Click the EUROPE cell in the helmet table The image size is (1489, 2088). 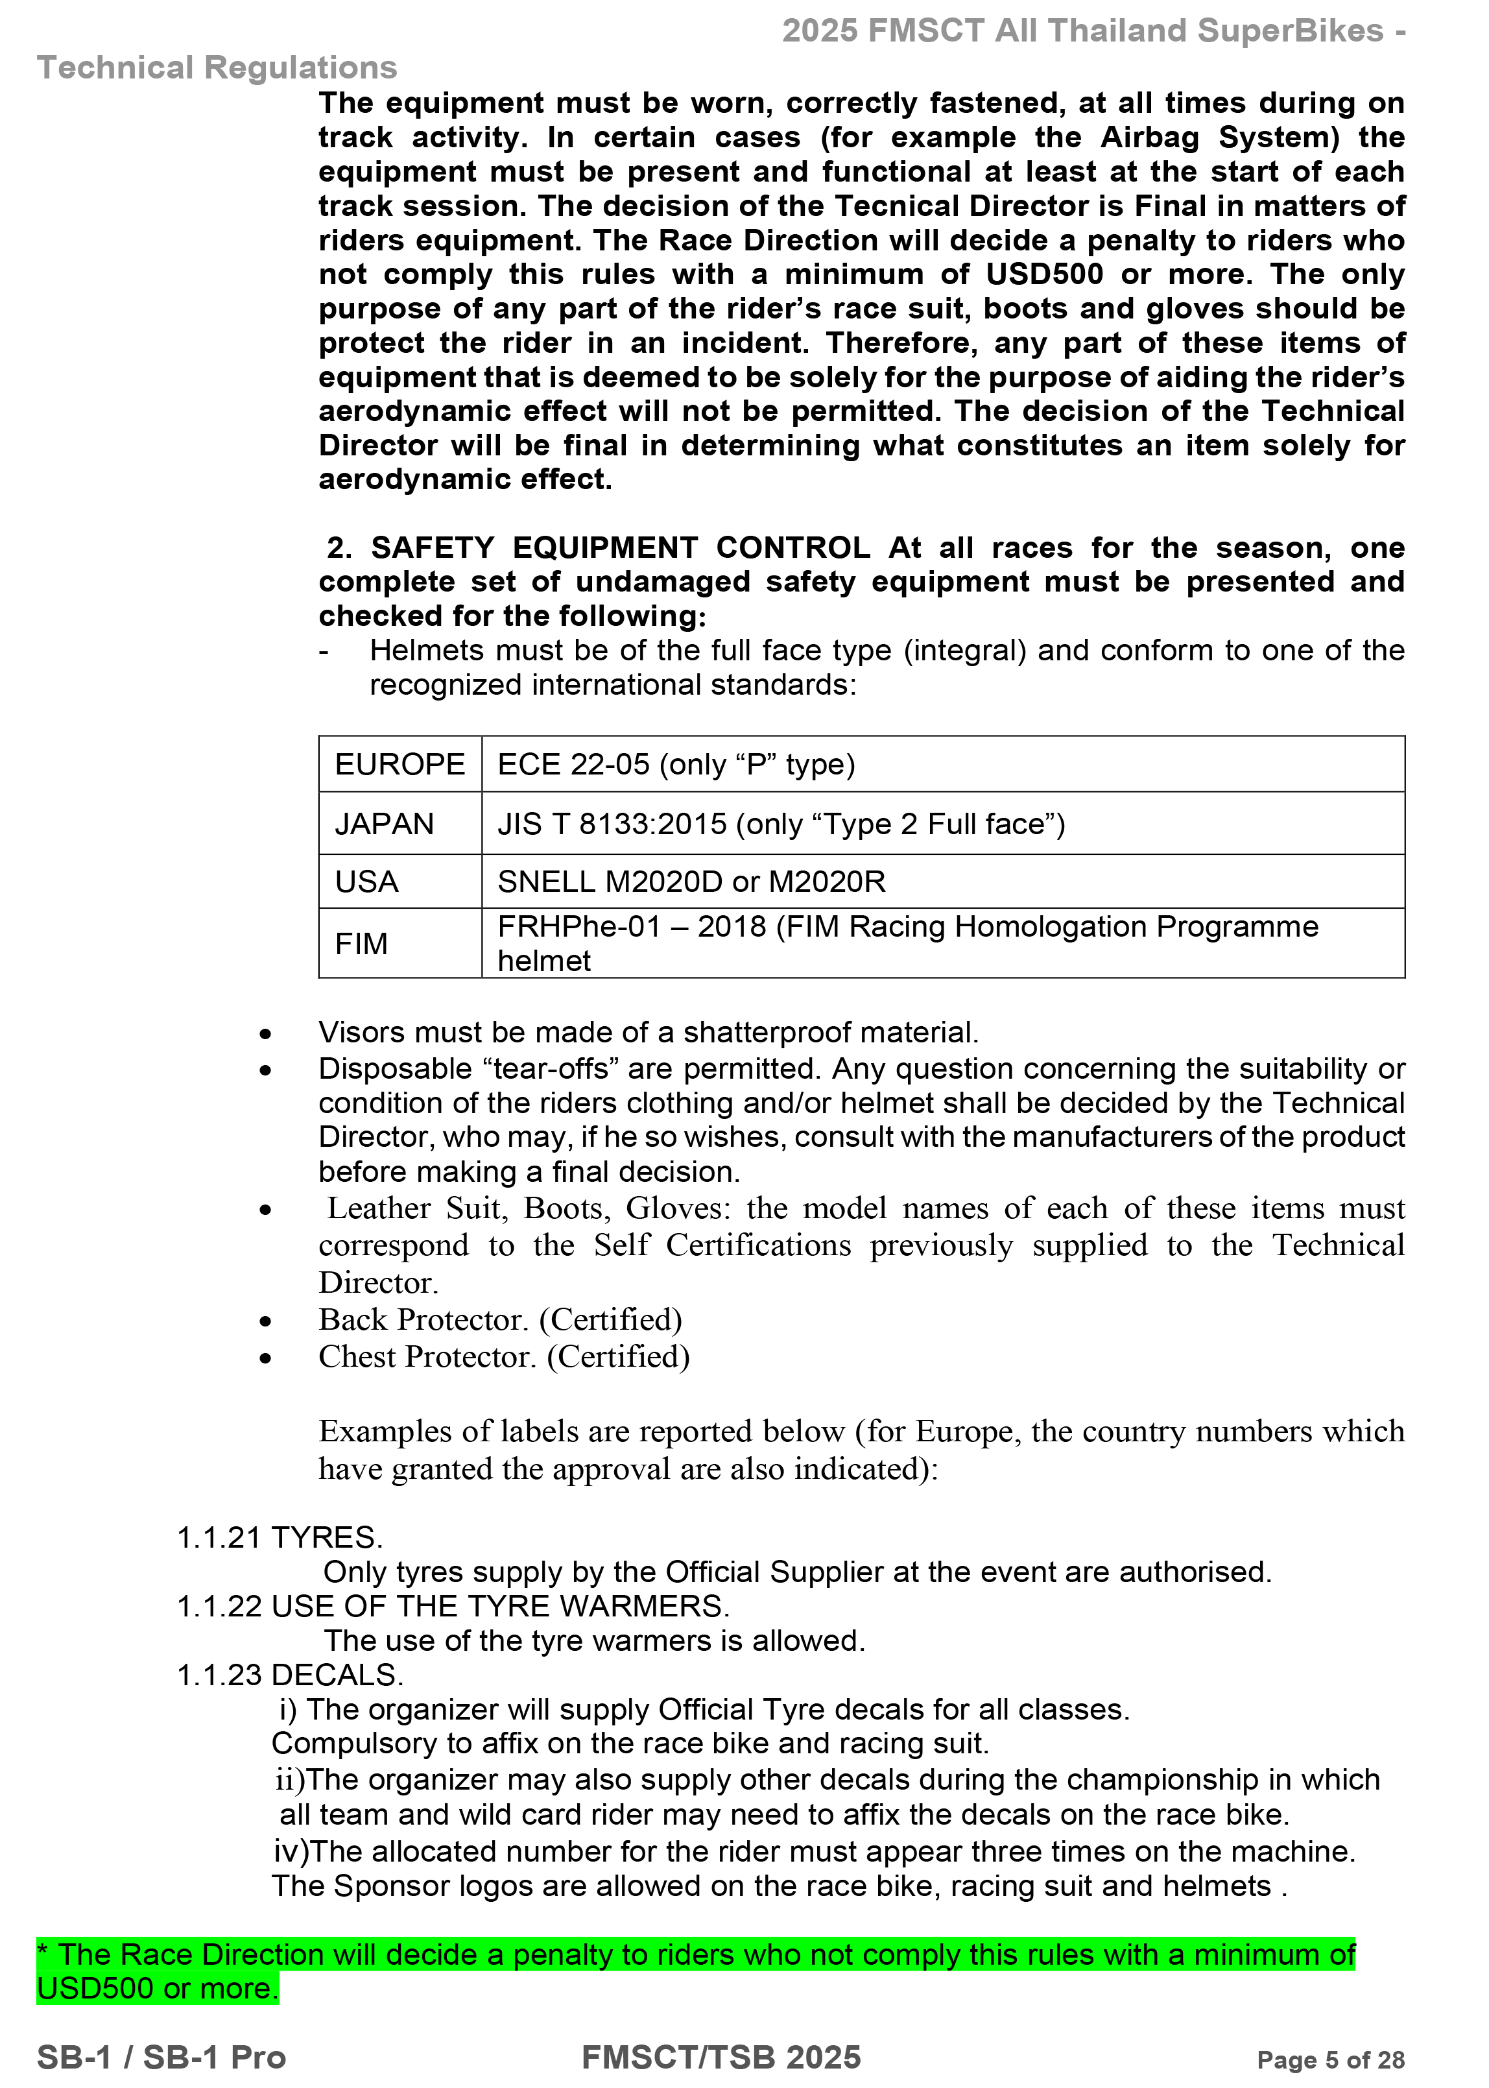pyautogui.click(x=399, y=764)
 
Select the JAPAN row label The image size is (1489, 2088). pyautogui.click(x=384, y=824)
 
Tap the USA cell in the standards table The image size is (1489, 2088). pyautogui.click(x=367, y=882)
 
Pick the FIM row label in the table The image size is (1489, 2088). pyautogui.click(x=361, y=944)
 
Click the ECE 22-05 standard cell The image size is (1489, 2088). pyautogui.click(x=676, y=764)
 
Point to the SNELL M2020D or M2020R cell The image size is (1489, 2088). pyautogui.click(x=691, y=882)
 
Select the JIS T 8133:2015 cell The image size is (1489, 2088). pyautogui.click(x=781, y=824)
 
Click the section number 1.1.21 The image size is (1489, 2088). pyautogui.click(x=219, y=1537)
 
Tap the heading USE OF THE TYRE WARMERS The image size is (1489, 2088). pyautogui.click(x=501, y=1605)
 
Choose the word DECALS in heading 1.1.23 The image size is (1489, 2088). pyautogui.click(x=337, y=1674)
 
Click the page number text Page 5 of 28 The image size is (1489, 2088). pyautogui.click(x=1330, y=2059)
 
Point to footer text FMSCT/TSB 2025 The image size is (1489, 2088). pyautogui.click(x=722, y=2057)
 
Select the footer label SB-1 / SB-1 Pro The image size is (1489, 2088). pyautogui.click(x=161, y=2057)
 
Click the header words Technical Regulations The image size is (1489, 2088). pyautogui.click(x=217, y=68)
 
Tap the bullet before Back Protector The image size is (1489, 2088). pyautogui.click(x=266, y=1321)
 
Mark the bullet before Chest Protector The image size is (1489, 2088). pyautogui.click(x=266, y=1359)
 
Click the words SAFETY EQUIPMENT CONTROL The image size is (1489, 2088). pyautogui.click(x=620, y=547)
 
